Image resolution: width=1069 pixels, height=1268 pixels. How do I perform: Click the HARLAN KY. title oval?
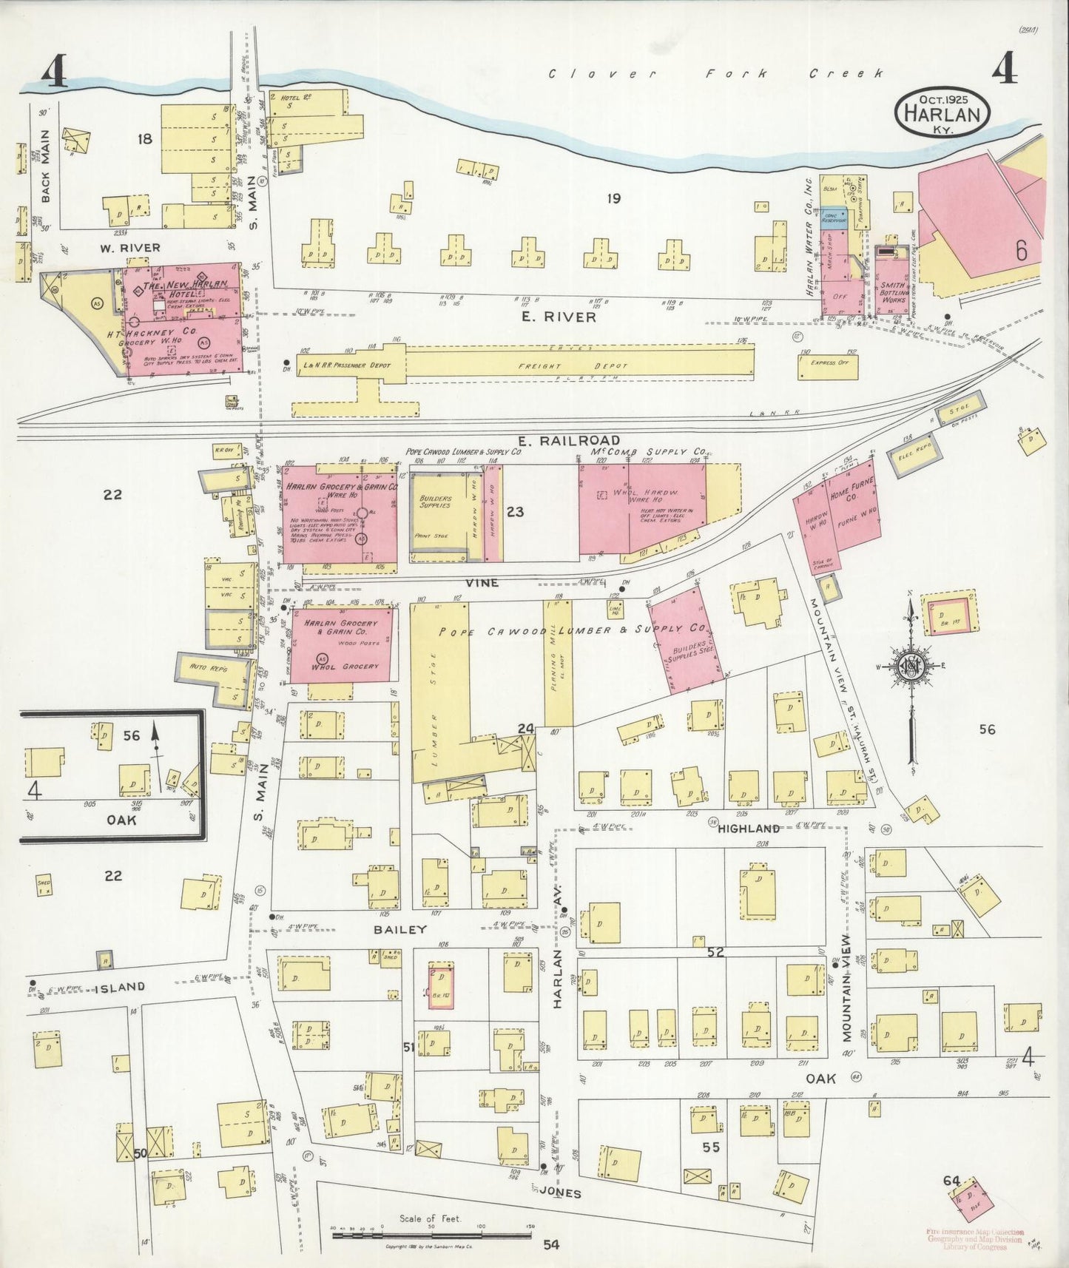point(942,113)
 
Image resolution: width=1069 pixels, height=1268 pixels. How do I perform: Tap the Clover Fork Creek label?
point(715,74)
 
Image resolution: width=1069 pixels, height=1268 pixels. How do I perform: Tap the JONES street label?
point(561,1193)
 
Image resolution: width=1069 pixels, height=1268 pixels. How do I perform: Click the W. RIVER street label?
point(129,247)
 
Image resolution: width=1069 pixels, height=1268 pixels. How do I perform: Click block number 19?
point(613,198)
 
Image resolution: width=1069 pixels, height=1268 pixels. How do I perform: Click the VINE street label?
point(481,583)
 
